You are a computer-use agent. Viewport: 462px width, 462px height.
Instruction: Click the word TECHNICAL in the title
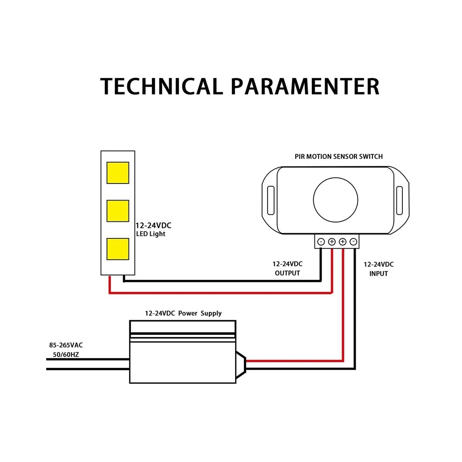161,86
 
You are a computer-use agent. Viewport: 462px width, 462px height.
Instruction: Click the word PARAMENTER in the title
305,86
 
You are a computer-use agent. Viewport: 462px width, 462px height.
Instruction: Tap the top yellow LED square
118,173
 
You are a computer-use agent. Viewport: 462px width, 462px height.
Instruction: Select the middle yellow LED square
118,211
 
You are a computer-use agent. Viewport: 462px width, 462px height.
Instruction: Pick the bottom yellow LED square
118,249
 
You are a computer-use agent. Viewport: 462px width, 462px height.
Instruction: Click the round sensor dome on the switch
335,200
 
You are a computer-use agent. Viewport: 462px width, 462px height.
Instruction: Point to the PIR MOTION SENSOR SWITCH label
339,157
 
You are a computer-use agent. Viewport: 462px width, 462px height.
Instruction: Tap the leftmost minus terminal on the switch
321,242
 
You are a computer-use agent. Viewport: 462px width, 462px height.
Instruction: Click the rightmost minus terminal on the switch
353,242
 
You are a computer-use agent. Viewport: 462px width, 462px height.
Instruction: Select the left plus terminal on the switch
332,242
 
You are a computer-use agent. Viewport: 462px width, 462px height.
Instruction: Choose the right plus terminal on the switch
343,242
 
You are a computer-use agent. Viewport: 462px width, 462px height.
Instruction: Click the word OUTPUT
287,273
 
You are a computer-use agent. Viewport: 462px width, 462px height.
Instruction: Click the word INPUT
378,274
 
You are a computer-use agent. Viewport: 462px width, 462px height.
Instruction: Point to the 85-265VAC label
66,345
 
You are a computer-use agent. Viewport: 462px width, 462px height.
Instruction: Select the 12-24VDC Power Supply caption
183,313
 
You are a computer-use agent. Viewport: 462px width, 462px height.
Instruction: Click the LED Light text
151,234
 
